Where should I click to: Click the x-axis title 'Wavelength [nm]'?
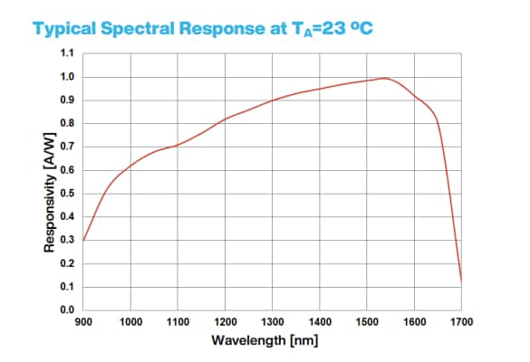tap(272, 341)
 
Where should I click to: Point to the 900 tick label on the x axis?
tap(83, 322)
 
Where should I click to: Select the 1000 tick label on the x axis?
tap(130, 322)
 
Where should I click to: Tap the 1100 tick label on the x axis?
tap(178, 322)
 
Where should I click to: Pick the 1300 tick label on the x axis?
tap(273, 322)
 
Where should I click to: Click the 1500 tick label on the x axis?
tap(367, 322)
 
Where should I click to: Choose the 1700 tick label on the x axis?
tap(462, 322)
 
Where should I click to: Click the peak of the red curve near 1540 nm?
tap(386, 78)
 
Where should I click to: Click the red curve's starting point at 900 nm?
tap(83, 240)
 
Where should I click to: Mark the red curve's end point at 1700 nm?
tap(462, 282)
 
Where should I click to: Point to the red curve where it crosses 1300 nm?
tap(273, 100)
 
